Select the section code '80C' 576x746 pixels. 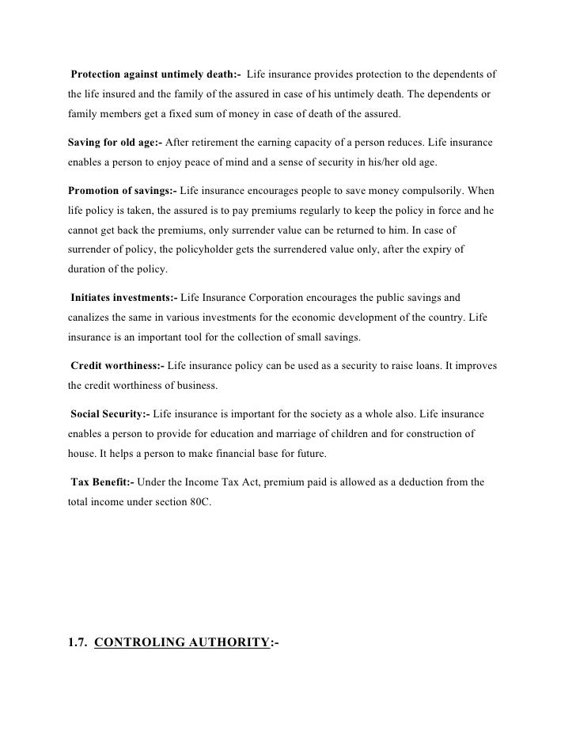click(x=199, y=503)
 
